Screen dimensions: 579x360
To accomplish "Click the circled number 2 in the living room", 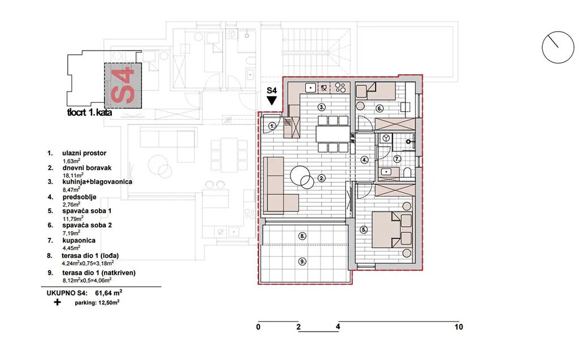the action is (x=322, y=179).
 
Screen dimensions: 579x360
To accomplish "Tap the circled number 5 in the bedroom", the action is (x=364, y=229).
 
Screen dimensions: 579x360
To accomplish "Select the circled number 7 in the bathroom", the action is (x=397, y=159).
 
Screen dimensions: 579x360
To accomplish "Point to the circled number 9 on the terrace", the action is (x=303, y=262).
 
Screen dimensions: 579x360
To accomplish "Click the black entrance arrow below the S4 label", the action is (x=272, y=101).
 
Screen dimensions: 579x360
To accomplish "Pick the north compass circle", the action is (x=558, y=47).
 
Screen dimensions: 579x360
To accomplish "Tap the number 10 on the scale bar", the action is (x=459, y=327).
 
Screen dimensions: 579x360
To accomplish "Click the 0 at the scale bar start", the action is (x=258, y=327).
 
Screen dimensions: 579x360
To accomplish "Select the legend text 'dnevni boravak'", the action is (x=87, y=168).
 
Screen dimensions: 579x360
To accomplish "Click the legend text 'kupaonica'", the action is (x=79, y=240).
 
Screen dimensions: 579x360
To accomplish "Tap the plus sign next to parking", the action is (x=57, y=302).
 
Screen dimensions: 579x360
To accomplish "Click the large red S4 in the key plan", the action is (x=123, y=85).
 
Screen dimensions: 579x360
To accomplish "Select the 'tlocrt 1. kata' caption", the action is (x=89, y=112).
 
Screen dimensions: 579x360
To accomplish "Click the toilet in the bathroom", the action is (x=408, y=173).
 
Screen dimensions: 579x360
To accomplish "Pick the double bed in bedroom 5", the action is (x=392, y=229).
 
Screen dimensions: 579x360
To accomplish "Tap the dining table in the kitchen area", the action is (x=332, y=134).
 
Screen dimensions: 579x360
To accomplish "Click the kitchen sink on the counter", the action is (x=310, y=88).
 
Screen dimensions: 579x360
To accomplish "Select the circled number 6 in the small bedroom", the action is (x=380, y=108).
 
